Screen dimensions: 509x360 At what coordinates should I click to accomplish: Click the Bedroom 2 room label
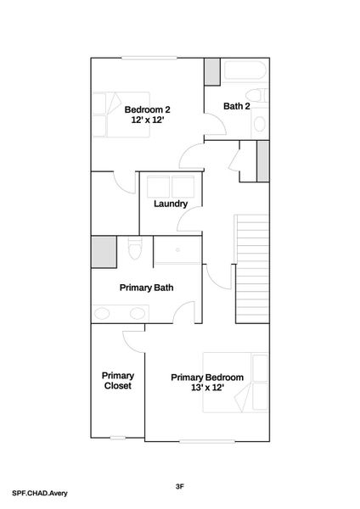pos(148,109)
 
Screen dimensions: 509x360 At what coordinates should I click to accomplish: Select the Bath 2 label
pos(236,106)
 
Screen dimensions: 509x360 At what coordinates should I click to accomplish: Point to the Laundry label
pos(171,204)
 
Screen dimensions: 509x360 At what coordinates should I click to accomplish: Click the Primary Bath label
pos(146,288)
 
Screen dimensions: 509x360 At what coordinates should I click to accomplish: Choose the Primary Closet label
pos(118,380)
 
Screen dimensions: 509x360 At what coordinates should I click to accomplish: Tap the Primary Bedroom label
pos(207,378)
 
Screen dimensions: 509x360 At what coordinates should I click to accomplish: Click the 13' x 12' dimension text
pos(207,388)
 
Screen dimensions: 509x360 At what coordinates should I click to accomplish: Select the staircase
pos(251,264)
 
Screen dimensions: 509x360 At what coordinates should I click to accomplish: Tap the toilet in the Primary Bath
pos(133,250)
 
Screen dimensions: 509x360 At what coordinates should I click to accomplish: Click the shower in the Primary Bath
pos(177,253)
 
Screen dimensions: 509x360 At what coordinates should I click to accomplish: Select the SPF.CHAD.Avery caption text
pos(40,492)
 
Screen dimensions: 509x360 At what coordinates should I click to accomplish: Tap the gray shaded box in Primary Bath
pos(104,252)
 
